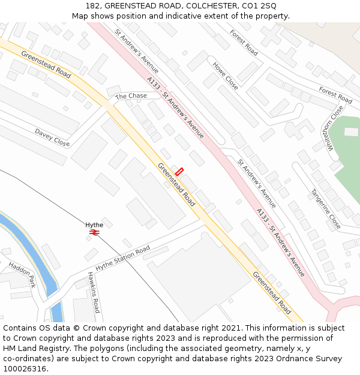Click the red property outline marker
click(179, 171)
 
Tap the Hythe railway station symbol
click(94, 232)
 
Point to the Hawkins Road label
click(94, 292)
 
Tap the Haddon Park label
click(22, 273)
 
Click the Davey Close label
click(52, 137)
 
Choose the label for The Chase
click(131, 96)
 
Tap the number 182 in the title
click(93, 5)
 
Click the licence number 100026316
click(23, 369)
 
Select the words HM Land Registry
click(32, 349)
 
